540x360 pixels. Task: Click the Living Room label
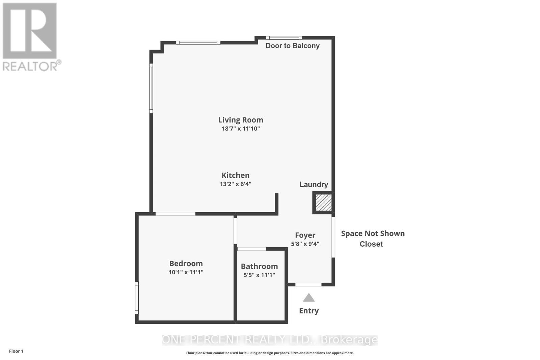pos(241,120)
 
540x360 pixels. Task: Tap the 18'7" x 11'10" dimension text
pos(241,129)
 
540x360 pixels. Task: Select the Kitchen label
pos(236,175)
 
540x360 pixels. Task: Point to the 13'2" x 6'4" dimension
pos(236,184)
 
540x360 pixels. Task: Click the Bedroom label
pos(186,264)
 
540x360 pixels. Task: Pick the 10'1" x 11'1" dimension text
pos(186,272)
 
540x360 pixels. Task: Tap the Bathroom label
pos(259,266)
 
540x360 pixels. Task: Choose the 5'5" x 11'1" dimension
pos(259,275)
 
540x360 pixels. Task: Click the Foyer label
pos(305,235)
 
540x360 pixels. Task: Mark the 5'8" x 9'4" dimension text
pos(305,244)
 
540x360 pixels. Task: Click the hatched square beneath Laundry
pos(323,203)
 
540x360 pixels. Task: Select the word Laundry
pos(314,184)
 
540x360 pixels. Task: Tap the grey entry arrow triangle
pos(308,298)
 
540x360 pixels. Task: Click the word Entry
pos(309,311)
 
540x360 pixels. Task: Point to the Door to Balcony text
pos(292,46)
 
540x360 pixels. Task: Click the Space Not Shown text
pos(373,233)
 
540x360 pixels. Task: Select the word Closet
pos(371,244)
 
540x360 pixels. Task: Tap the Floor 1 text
pos(16,351)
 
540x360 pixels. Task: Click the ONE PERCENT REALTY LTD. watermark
pos(270,340)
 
